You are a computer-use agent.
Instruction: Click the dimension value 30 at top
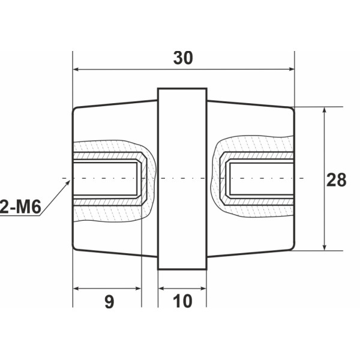coord(183,58)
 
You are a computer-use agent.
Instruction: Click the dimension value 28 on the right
coord(337,179)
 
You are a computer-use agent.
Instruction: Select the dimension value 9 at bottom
coord(109,301)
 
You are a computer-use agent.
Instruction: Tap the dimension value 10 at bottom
coord(182,301)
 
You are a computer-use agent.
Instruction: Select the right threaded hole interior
coord(261,179)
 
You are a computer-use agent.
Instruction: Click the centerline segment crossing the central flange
coord(182,179)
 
